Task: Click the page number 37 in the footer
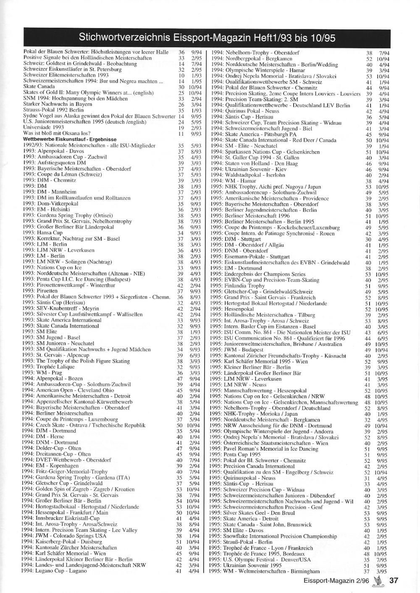tap(393, 581)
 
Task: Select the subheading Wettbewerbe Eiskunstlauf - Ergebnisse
tap(70, 139)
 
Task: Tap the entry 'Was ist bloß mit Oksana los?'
tap(57, 134)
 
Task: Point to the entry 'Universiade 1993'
tap(44, 128)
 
